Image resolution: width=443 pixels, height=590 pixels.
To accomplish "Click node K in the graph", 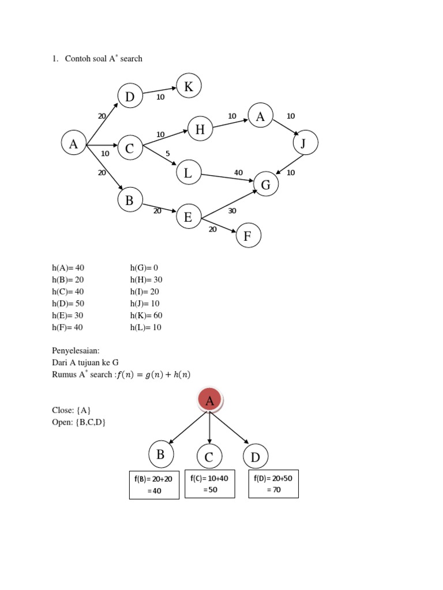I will tap(189, 86).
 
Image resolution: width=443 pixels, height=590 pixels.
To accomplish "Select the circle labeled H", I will tap(200, 130).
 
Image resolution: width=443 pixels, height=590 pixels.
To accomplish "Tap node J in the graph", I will tap(305, 143).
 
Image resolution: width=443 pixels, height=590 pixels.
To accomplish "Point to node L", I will tap(189, 172).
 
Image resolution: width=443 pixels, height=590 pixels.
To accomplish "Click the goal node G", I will tap(266, 184).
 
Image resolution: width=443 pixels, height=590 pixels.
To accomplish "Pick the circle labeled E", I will tap(189, 217).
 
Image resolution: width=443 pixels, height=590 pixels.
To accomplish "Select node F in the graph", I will tap(248, 235).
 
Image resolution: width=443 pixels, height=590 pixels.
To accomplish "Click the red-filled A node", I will tap(210, 400).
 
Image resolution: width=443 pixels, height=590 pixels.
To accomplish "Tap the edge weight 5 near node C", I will tap(167, 154).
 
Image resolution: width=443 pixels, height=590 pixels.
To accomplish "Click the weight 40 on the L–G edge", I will tap(238, 172).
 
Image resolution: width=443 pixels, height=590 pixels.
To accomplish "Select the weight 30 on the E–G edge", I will tap(232, 211).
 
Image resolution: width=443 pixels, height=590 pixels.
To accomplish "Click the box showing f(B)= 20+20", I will tap(154, 485).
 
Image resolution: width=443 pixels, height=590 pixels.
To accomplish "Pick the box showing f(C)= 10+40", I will tap(209, 483).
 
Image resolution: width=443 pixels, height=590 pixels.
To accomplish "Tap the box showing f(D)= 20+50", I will tap(273, 483).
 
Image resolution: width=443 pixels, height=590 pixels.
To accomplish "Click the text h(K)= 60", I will tap(146, 315).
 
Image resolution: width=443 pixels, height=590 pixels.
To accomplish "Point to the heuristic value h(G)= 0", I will tap(144, 267).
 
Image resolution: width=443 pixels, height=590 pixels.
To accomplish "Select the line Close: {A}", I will tap(72, 410).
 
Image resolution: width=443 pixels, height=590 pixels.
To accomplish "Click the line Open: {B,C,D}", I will tap(79, 422).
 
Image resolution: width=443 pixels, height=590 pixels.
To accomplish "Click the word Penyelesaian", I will tap(76, 350).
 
